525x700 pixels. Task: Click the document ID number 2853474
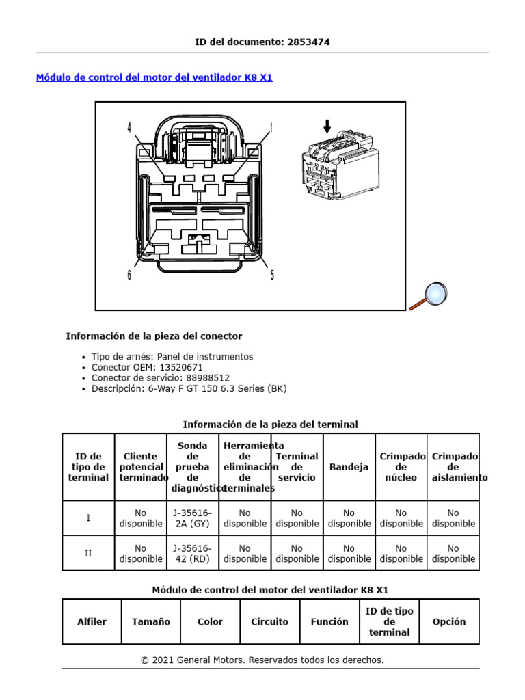pyautogui.click(x=308, y=42)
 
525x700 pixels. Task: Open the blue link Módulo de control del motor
pyautogui.click(x=154, y=77)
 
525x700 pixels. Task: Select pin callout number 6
pyautogui.click(x=129, y=275)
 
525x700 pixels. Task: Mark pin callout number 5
pyautogui.click(x=272, y=275)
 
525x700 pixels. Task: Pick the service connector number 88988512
pyautogui.click(x=207, y=377)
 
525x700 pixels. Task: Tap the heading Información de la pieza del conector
pyautogui.click(x=154, y=336)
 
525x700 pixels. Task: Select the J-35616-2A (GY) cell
pyautogui.click(x=193, y=518)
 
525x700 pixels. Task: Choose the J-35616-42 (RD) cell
pyautogui.click(x=193, y=553)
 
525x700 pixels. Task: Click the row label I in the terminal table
pyautogui.click(x=88, y=518)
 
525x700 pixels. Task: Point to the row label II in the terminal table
pyautogui.click(x=88, y=553)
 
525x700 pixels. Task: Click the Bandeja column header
pyautogui.click(x=349, y=467)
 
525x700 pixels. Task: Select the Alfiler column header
pyautogui.click(x=92, y=621)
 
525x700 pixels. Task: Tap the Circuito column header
pyautogui.click(x=269, y=621)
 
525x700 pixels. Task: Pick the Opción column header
pyautogui.click(x=449, y=621)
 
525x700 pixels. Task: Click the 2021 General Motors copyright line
pyautogui.click(x=262, y=660)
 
